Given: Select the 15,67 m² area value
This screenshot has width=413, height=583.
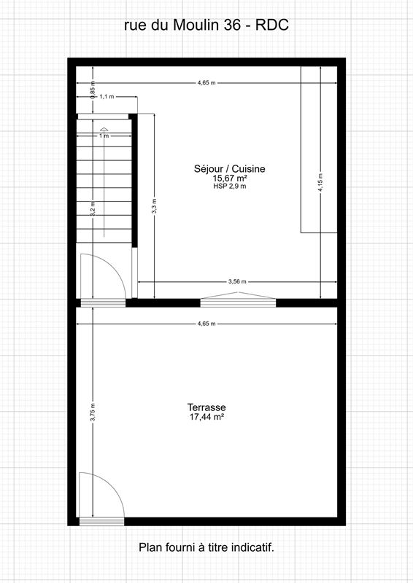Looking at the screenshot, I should tap(229, 178).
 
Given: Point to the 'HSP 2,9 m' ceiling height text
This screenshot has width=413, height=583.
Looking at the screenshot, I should tap(229, 187).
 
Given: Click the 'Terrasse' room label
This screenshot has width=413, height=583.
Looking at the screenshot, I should tap(206, 407).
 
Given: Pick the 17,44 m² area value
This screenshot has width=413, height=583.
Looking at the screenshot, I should tap(206, 418).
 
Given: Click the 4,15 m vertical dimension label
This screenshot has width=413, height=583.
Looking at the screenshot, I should tap(320, 181).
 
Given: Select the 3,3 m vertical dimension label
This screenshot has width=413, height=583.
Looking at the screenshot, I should tap(154, 206).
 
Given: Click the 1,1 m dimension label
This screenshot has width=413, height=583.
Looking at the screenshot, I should tap(107, 96).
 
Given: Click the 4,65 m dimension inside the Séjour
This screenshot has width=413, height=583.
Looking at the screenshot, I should tap(206, 83).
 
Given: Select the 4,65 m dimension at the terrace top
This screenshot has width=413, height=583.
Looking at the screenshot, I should tap(206, 324).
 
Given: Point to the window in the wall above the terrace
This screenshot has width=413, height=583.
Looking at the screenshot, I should tap(238, 299).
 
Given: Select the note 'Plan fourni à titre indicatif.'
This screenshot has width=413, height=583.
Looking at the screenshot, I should tap(206, 547).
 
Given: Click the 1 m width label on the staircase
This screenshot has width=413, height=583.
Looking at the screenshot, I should tap(104, 136).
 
